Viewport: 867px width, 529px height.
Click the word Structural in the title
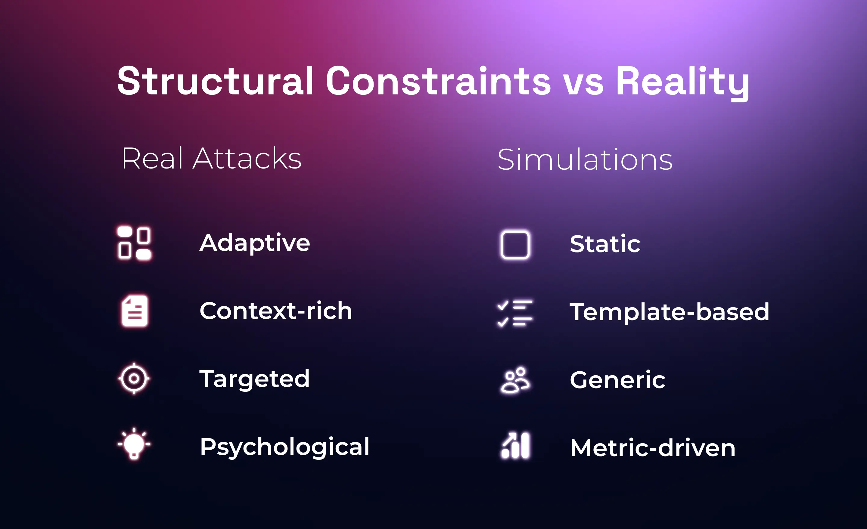(x=215, y=81)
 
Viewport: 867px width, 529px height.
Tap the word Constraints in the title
(x=438, y=81)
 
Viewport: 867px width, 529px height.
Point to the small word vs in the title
(x=583, y=85)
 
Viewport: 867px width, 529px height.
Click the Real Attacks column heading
(x=211, y=159)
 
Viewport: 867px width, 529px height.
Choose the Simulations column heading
(x=585, y=160)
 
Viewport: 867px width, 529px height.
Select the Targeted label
(x=254, y=379)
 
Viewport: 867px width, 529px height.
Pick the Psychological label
(x=284, y=447)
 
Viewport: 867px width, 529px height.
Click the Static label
(x=605, y=244)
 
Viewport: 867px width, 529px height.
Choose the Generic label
(x=617, y=380)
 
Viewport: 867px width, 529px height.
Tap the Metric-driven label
(x=653, y=448)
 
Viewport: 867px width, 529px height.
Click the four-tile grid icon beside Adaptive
(x=134, y=243)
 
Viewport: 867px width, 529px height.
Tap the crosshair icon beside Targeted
(x=134, y=379)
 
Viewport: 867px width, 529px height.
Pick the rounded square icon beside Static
(x=515, y=244)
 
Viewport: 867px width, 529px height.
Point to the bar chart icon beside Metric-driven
(x=515, y=445)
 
